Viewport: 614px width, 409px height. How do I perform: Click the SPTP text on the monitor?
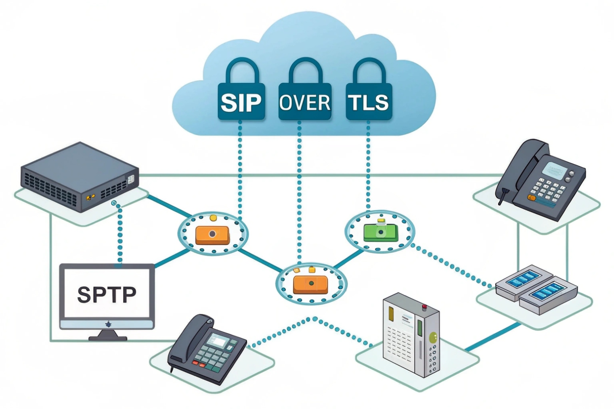pyautogui.click(x=107, y=294)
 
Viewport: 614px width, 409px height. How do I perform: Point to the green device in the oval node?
pyautogui.click(x=380, y=232)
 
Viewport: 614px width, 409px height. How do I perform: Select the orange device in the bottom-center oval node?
pyautogui.click(x=310, y=284)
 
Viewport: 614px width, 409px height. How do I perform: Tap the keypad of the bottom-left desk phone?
pyautogui.click(x=214, y=355)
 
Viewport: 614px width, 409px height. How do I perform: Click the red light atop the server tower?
pyautogui.click(x=424, y=307)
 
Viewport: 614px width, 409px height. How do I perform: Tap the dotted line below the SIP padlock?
pyautogui.click(x=240, y=169)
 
